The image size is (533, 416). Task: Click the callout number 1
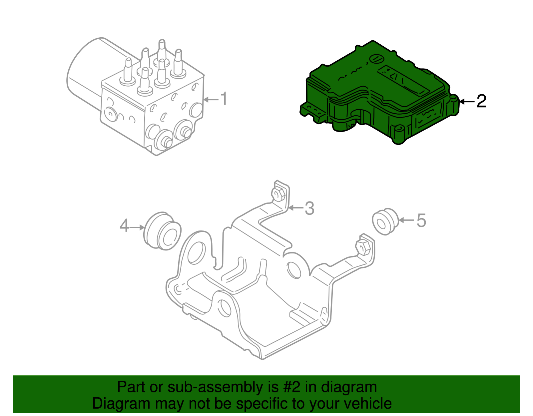(225, 99)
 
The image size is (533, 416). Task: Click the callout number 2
(481, 101)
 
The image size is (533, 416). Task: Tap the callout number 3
(309, 208)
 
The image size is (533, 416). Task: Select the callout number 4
(124, 226)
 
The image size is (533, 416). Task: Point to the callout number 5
(421, 220)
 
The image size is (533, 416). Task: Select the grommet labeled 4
(162, 231)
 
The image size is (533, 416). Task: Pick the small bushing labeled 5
(385, 221)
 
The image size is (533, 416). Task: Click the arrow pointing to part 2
(467, 102)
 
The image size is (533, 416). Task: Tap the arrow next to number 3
(296, 208)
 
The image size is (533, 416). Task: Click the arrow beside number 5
(406, 220)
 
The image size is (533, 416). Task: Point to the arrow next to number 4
(137, 227)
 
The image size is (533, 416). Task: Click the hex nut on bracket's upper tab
(278, 195)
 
